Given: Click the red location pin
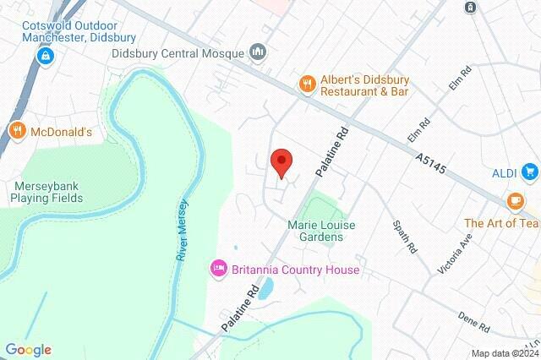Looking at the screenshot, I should point(281,161).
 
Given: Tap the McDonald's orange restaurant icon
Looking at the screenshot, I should point(17,131).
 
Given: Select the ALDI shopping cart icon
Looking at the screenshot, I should point(530,173).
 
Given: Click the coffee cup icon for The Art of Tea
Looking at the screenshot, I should point(515,202).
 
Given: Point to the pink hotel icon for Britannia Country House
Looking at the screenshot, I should point(218,269).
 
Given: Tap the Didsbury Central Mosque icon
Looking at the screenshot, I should point(259,53).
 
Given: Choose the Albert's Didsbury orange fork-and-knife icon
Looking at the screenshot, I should point(307,82).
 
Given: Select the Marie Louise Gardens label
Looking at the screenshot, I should point(321,231).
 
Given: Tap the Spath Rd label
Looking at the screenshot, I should point(405,237).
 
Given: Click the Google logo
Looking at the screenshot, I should point(28,350).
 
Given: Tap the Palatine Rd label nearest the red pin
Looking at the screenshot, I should point(331,153).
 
